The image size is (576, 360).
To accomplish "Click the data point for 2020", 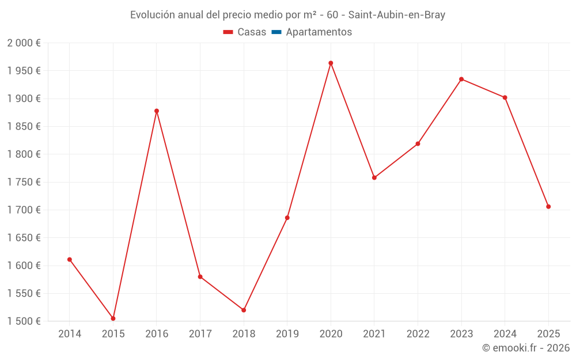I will click(x=331, y=63).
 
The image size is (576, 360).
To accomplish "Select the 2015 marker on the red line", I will click(x=113, y=319).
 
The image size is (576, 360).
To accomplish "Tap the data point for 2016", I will click(x=157, y=111).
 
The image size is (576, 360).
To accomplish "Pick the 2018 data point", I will click(x=244, y=310).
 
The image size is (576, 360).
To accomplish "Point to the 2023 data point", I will click(x=461, y=79).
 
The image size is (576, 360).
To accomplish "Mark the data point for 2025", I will click(x=548, y=206).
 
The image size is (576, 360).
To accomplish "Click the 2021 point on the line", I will click(x=374, y=177).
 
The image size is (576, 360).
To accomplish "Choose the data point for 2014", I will click(x=70, y=259).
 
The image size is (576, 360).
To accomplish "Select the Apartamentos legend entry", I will click(x=319, y=32).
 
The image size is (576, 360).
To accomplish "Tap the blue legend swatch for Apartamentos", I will click(x=276, y=32).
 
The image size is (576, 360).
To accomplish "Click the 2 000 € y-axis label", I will click(x=24, y=43).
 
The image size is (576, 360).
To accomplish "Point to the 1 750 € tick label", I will click(x=24, y=182).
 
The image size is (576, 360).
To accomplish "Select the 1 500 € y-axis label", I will click(x=24, y=321).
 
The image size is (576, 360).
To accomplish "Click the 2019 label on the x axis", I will click(x=287, y=334).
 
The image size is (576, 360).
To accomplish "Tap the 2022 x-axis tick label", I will click(x=418, y=334).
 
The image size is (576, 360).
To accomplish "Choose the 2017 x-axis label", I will click(x=200, y=334).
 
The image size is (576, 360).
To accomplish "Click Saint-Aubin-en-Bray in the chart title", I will click(x=397, y=15).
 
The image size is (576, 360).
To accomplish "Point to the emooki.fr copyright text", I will click(x=526, y=348).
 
